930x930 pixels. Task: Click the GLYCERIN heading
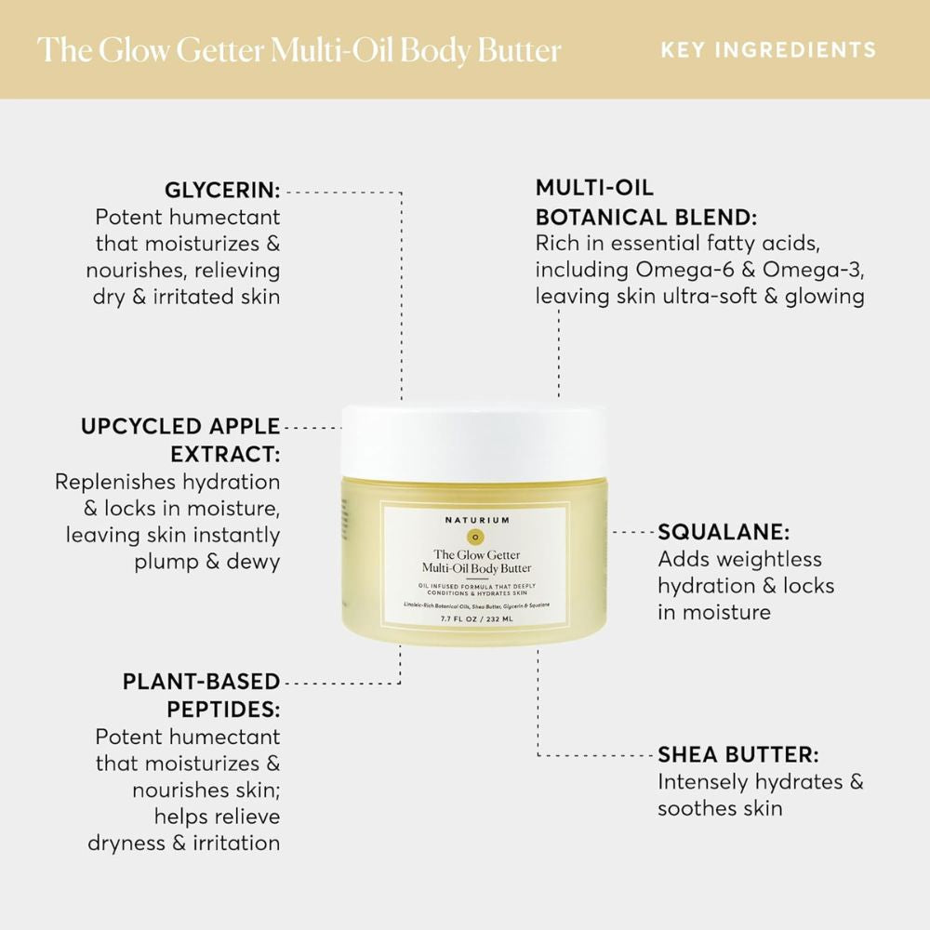click(222, 191)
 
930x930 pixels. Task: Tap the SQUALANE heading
click(724, 533)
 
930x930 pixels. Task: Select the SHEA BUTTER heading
click(737, 754)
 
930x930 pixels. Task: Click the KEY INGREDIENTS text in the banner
click(768, 49)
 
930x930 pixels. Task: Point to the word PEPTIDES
click(223, 709)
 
